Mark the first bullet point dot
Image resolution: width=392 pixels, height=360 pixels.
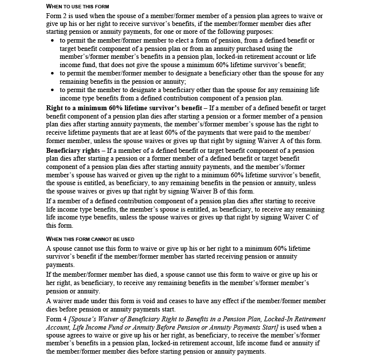click(x=53, y=41)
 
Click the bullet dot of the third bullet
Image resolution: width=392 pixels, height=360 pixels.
click(x=53, y=91)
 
